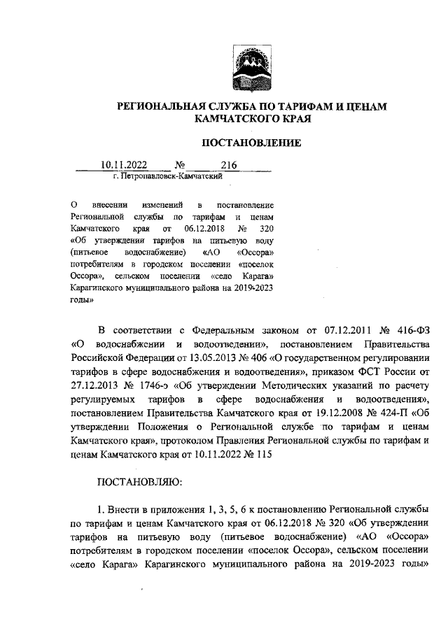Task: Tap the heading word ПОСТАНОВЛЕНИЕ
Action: [251, 143]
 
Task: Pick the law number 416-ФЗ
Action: [409, 329]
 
